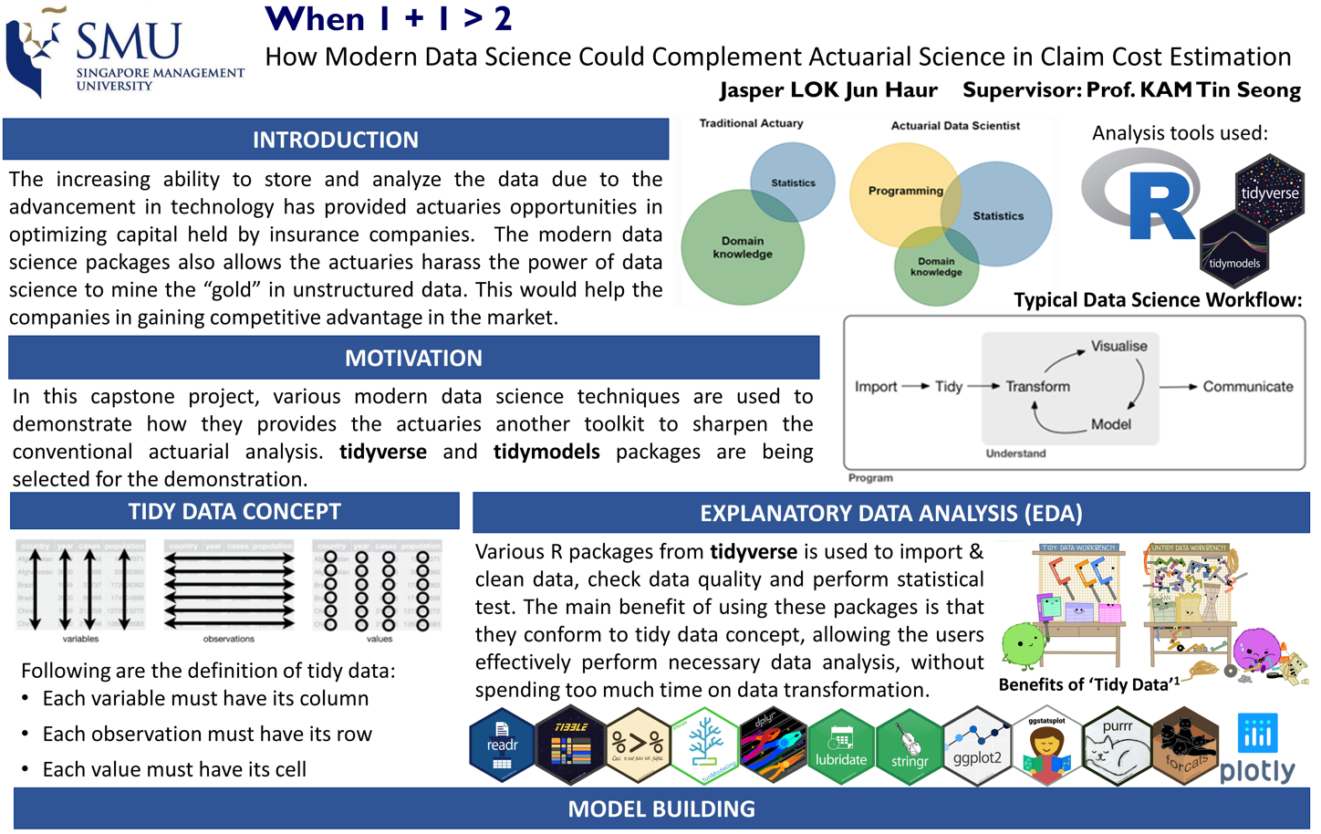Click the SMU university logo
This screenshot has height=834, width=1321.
(124, 53)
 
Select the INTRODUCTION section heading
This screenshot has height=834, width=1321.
(335, 140)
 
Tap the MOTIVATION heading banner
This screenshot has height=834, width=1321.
(413, 358)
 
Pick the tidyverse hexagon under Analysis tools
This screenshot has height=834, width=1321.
(1269, 193)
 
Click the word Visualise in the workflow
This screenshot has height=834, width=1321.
(1118, 347)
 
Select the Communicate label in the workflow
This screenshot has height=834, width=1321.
(1247, 387)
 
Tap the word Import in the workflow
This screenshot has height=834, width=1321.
(876, 387)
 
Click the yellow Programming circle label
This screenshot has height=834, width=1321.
(905, 191)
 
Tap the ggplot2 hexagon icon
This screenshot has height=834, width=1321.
(977, 746)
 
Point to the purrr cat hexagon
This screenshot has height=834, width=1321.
(1117, 746)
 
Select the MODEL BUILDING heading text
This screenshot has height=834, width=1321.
(661, 809)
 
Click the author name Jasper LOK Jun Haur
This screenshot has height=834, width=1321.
(827, 90)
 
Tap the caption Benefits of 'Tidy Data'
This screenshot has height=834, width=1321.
(1087, 684)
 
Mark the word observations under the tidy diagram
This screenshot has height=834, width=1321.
(229, 639)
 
